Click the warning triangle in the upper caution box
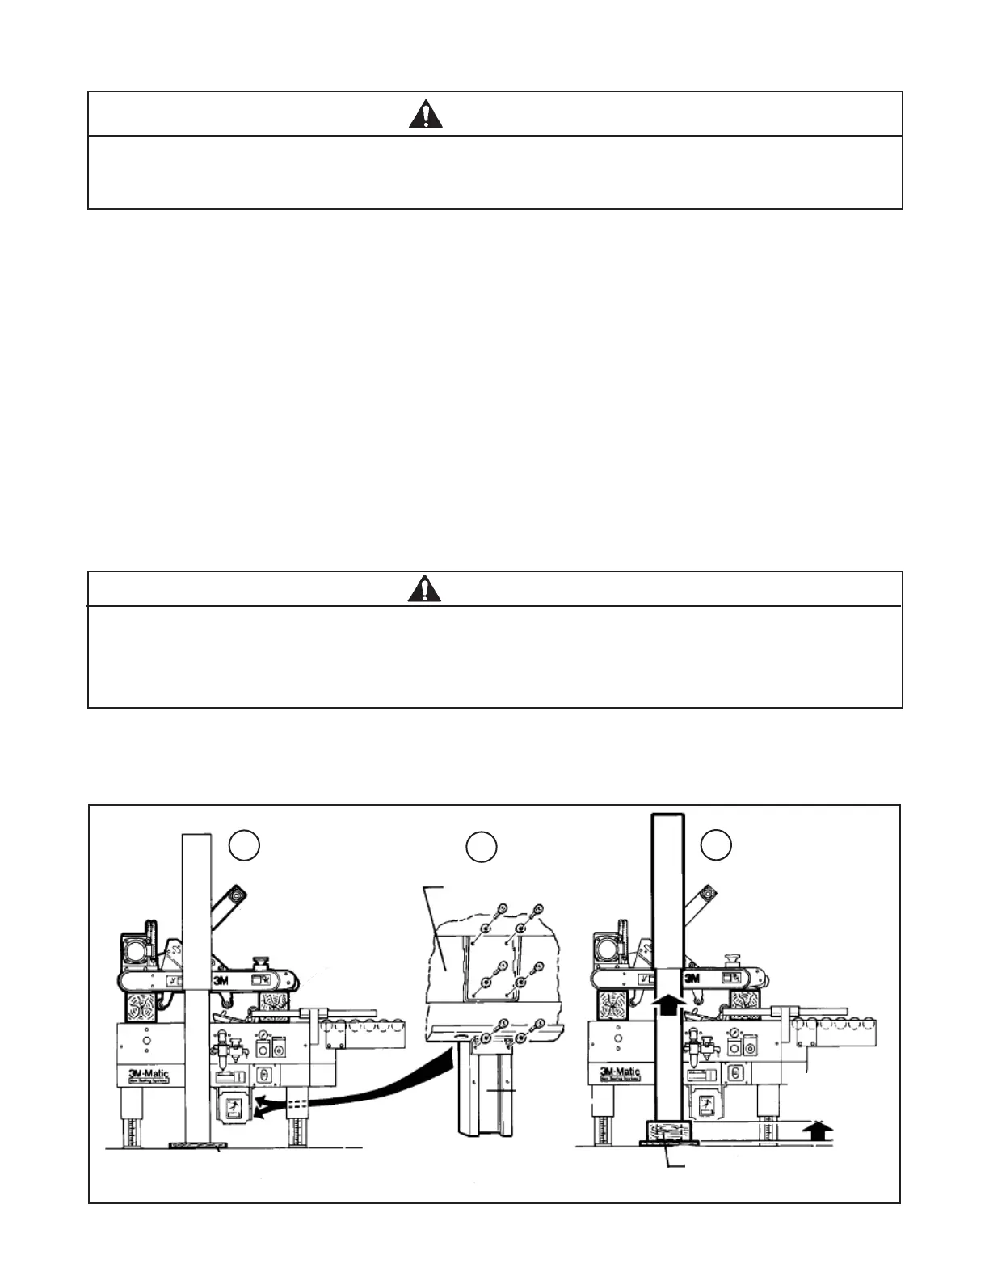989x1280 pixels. coord(425,116)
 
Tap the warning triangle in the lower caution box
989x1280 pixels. coord(425,590)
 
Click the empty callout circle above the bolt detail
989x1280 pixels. coord(482,846)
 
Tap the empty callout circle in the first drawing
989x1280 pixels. coord(244,844)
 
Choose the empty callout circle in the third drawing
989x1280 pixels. coord(716,844)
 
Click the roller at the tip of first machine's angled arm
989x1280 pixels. coord(235,895)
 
